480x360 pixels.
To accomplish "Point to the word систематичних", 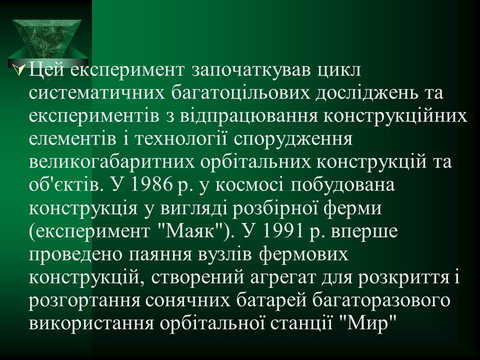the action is tap(96, 93).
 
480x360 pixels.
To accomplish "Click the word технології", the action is tap(181, 140).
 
